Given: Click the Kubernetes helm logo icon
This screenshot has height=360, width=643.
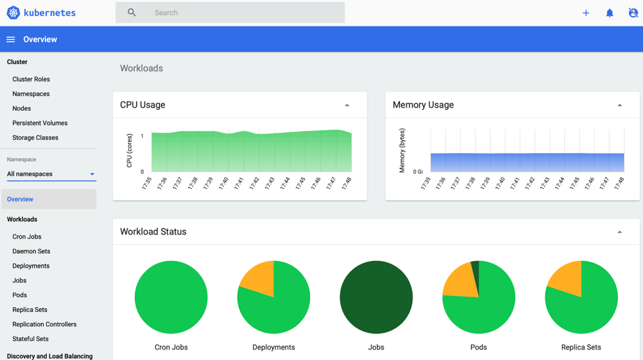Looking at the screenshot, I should tap(13, 13).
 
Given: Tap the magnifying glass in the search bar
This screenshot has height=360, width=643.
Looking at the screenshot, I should tap(132, 13).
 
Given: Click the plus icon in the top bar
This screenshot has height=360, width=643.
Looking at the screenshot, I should tap(586, 13).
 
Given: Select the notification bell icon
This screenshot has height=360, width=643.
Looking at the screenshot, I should tap(609, 13).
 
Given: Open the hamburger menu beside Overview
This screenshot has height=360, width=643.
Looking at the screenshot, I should tap(11, 40).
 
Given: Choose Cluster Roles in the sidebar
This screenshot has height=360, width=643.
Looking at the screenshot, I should tap(31, 79).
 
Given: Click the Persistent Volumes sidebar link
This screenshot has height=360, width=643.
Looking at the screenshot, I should tap(40, 123).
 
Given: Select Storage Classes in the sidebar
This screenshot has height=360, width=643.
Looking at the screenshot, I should tap(35, 137).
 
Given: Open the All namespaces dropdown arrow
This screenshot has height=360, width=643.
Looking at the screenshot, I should tap(92, 174).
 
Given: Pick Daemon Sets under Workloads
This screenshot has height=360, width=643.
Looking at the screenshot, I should tap(31, 251).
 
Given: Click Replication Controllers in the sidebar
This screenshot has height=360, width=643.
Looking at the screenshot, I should tap(44, 324).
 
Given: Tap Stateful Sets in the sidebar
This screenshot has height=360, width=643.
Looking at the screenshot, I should tap(30, 339).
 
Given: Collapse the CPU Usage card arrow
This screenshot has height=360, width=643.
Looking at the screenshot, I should tap(347, 105).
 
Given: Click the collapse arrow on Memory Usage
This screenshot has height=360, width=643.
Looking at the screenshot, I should tap(620, 105).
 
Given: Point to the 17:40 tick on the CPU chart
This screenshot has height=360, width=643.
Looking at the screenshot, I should tap(223, 183).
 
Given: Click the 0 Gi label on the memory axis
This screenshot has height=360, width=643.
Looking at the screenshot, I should tap(418, 172).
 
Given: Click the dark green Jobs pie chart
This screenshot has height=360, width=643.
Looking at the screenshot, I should tap(376, 297).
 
